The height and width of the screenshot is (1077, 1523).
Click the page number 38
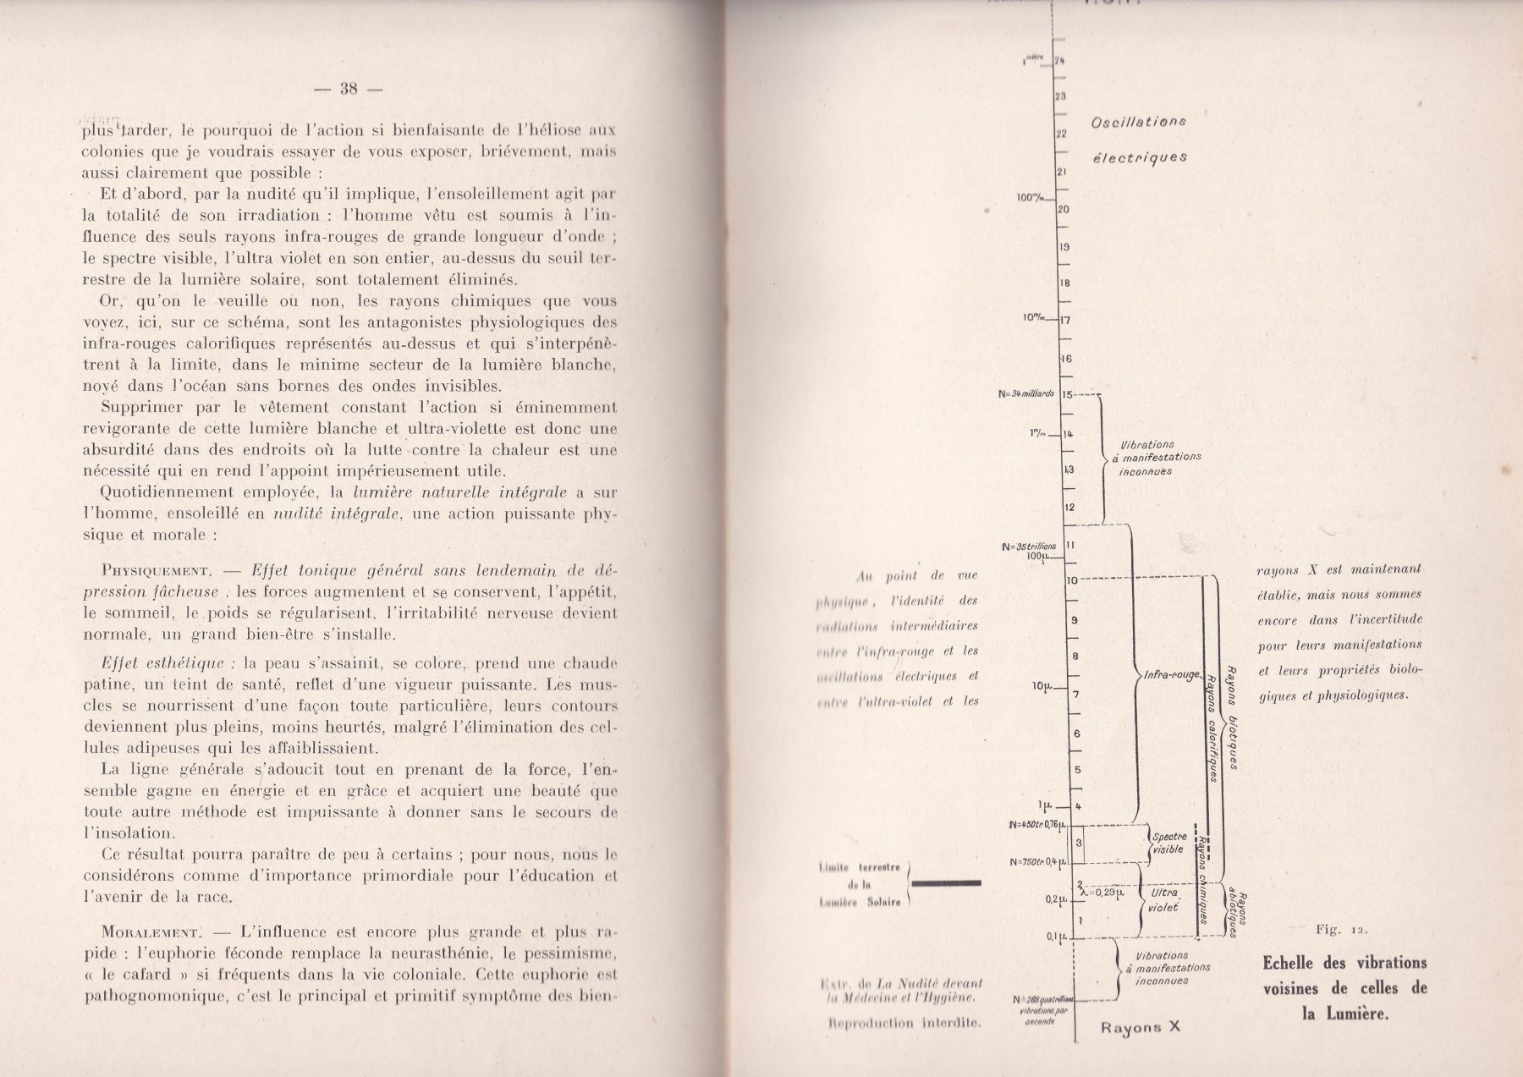349,88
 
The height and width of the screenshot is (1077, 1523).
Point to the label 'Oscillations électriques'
1139,139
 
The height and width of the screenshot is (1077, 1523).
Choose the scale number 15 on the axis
1067,394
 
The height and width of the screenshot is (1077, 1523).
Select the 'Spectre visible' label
1170,843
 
